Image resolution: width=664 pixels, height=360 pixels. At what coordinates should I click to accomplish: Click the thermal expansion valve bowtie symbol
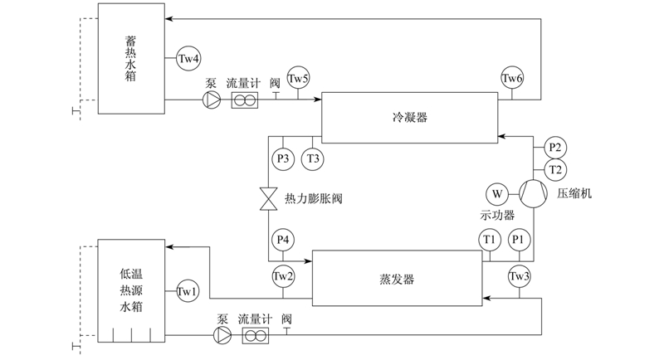268,199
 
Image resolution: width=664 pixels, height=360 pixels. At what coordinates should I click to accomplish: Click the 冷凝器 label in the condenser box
409,117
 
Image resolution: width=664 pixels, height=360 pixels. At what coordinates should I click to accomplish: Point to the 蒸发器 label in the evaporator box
397,280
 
